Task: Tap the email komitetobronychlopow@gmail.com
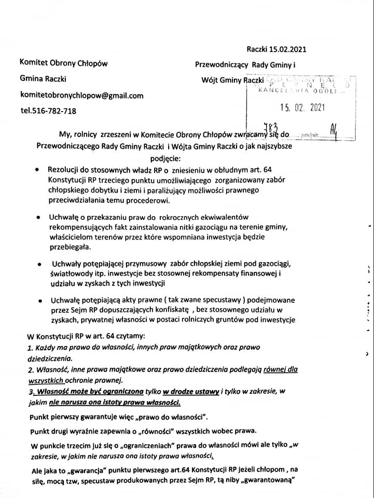(x=81, y=95)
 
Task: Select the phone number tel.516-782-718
(x=48, y=110)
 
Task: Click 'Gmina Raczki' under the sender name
(x=43, y=79)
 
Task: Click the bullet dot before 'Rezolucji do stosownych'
(x=36, y=170)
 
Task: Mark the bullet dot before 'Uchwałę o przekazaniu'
(x=38, y=218)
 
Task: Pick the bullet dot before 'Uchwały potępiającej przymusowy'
(x=39, y=266)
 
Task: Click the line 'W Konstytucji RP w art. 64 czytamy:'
(x=82, y=336)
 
